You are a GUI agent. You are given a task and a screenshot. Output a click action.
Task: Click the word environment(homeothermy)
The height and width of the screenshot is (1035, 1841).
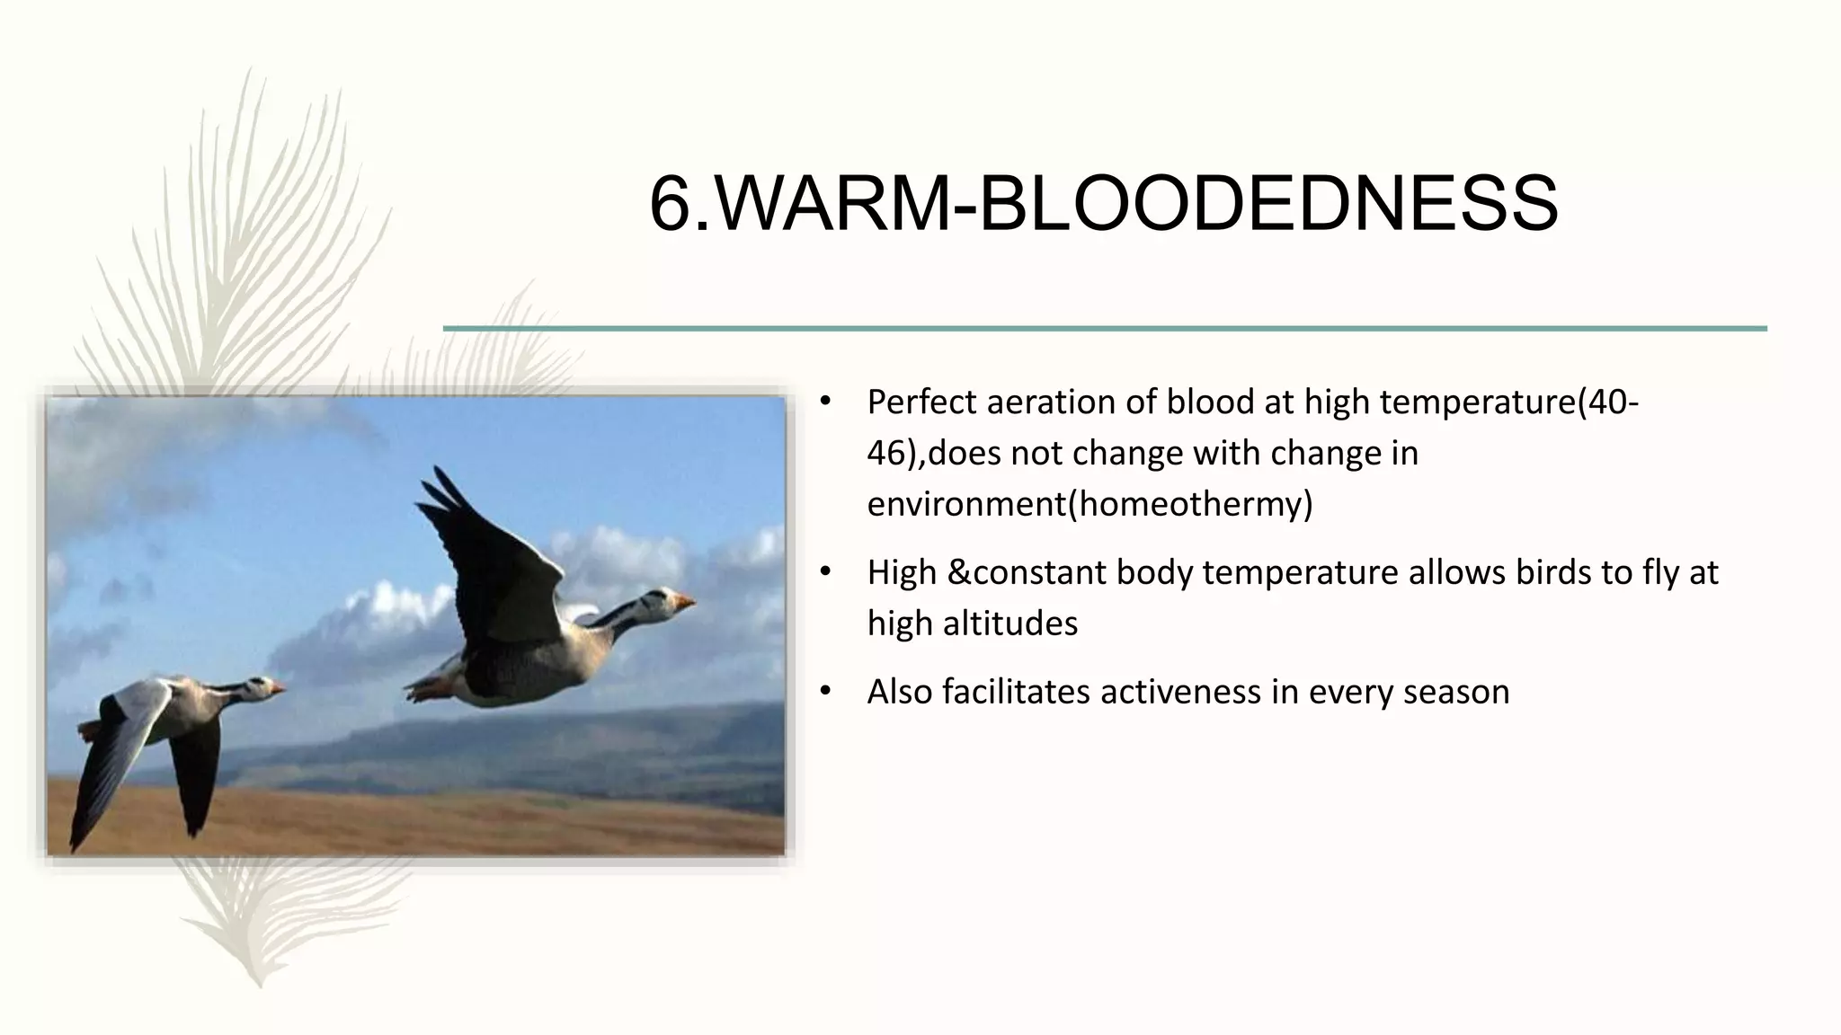tap(1089, 504)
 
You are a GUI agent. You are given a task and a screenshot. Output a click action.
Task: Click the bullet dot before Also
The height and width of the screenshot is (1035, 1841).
tap(826, 692)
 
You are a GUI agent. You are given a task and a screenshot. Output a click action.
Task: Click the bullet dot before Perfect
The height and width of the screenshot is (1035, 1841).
tap(826, 402)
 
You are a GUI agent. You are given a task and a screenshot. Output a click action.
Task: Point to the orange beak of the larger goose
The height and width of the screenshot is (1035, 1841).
tap(686, 600)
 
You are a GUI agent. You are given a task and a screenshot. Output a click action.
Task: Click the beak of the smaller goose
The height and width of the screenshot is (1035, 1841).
tap(278, 688)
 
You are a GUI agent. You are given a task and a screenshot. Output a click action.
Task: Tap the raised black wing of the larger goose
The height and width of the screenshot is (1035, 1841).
tap(485, 557)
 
